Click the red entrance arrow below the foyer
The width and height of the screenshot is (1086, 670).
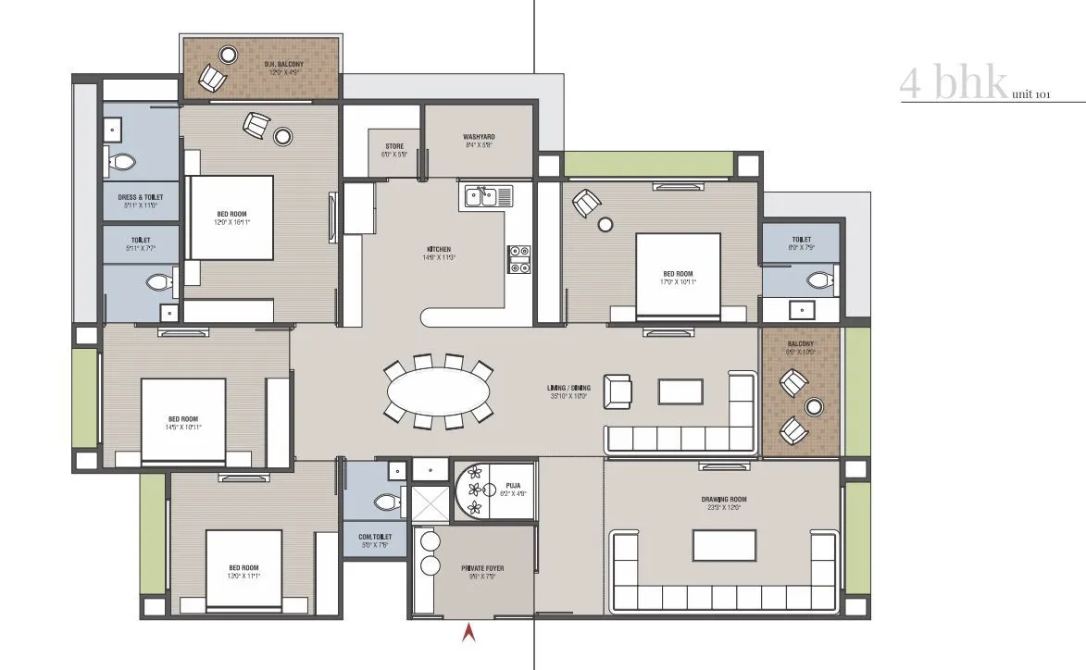469,633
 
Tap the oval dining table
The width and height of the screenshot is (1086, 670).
438,392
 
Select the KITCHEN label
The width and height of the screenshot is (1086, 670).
438,250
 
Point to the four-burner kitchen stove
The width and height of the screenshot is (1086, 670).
518,259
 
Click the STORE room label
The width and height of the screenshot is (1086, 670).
394,146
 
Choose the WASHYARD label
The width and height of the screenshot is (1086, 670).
479,138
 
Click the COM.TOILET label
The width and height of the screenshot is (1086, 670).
375,537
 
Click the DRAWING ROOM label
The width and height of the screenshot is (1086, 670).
723,500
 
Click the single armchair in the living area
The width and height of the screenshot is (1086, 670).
617,391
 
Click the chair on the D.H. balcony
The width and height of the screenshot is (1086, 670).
212,79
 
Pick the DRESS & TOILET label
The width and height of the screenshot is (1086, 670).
141,197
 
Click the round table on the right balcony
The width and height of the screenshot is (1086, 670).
815,405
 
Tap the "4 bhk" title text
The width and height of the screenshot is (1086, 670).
953,84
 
